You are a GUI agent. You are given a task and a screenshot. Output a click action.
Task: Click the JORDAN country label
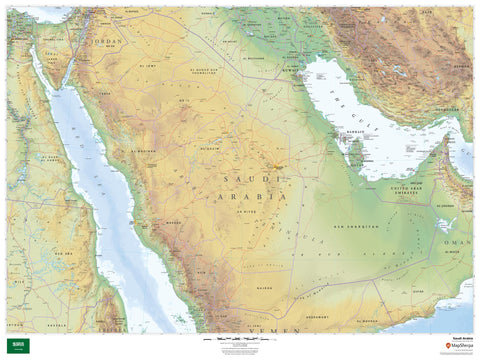pyautogui.click(x=108, y=44)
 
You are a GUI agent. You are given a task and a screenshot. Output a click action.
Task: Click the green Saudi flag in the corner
pyautogui.click(x=17, y=344)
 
